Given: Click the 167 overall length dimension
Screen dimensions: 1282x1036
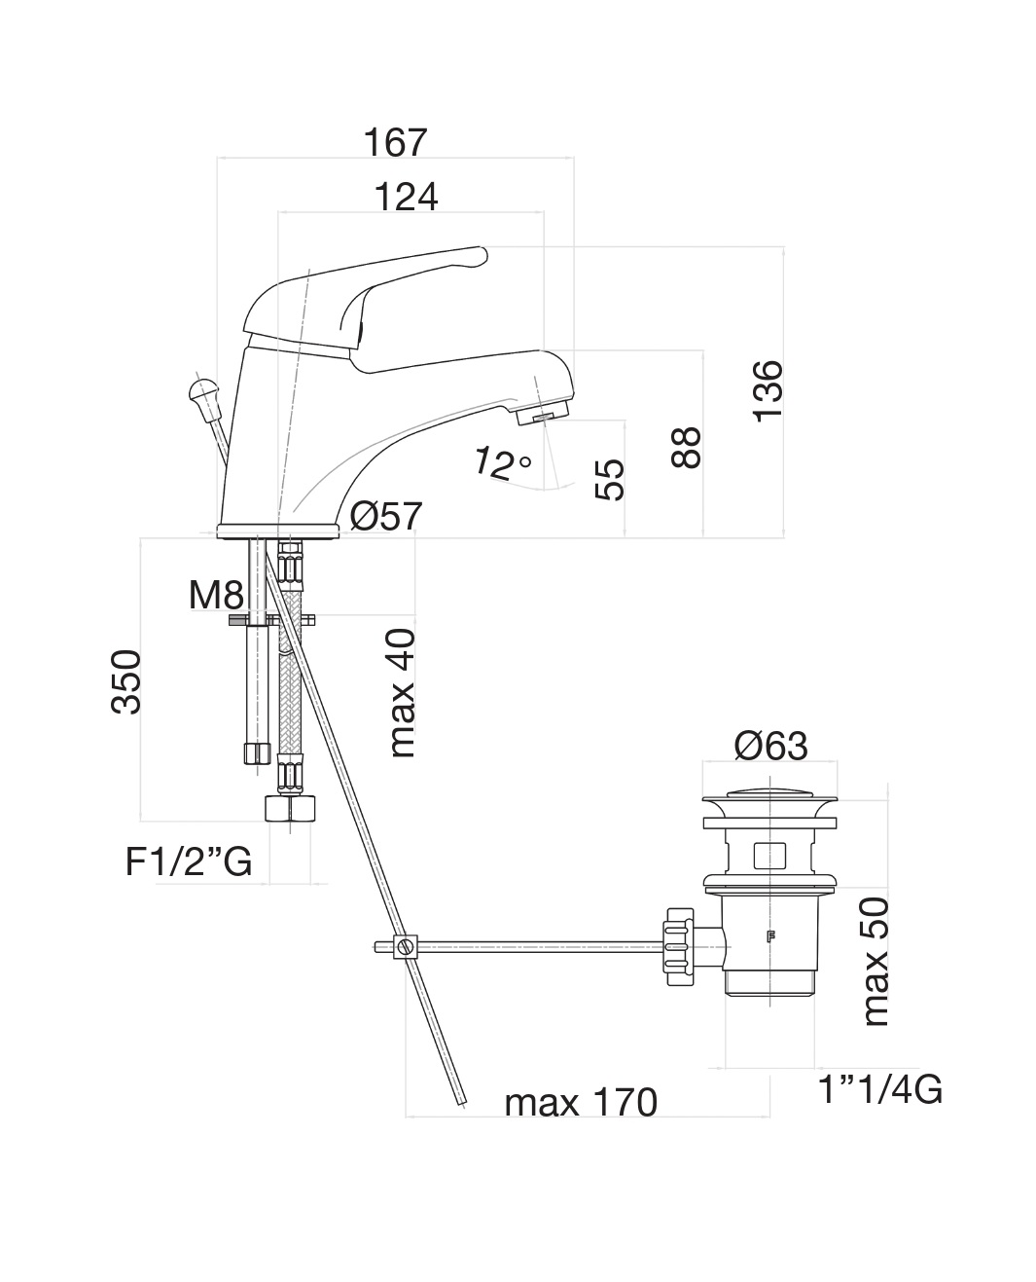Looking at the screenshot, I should pos(396,142).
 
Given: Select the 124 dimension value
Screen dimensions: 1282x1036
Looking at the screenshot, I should pos(407,198).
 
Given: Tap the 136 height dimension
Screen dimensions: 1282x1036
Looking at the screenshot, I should pos(768,390).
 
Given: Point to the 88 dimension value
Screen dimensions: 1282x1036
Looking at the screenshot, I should pos(687,448).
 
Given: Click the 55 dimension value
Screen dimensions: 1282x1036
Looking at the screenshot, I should pos(609,480).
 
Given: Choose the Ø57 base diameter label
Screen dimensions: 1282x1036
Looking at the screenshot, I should pos(386,515).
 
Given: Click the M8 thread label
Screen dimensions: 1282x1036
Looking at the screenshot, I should pos(216,594).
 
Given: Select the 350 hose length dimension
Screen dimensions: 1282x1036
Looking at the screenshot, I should pos(127,682).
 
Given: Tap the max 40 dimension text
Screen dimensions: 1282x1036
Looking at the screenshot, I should pos(401,693).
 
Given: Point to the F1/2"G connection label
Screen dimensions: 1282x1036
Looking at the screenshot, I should pos(189,861).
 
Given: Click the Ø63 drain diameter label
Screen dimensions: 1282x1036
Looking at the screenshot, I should pos(770,747).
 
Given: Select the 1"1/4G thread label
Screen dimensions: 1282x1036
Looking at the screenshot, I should pos(879,1091).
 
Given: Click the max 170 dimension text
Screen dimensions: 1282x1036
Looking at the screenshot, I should pos(581,1103).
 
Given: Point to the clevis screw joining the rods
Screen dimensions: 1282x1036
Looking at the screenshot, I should pos(406,945).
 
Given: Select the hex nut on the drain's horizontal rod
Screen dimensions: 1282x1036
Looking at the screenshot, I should pos(677,944).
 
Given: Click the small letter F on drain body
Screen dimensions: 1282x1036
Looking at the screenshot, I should pos(771,938).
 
